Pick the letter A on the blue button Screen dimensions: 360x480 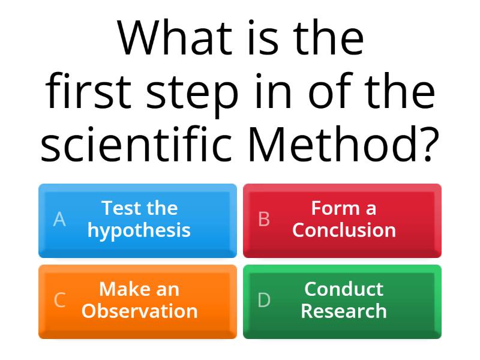pos(59,220)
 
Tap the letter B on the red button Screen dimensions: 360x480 pos(264,220)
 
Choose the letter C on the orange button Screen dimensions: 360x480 pos(59,300)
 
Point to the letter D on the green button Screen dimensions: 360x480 pos(264,300)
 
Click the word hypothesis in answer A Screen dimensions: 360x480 pos(139,231)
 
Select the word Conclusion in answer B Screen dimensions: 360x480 pos(344,230)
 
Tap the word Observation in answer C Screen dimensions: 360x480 pos(139,311)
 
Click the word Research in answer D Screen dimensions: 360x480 pos(344,311)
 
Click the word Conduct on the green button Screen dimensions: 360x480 pos(344,289)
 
